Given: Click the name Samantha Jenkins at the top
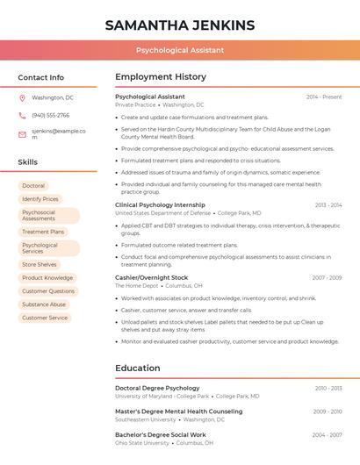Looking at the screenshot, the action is point(180,25).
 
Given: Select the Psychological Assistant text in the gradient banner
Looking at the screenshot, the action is point(180,51).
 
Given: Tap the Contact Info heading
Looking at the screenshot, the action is point(41,77).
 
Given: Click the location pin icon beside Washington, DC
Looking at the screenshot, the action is point(22,98).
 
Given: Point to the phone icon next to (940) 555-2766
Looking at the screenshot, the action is point(22,116).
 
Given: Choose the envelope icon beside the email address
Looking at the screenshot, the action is point(22,134).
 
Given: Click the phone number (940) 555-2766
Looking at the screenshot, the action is point(51,116).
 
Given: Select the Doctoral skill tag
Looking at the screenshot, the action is point(33,186).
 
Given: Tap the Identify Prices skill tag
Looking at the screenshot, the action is point(40,199).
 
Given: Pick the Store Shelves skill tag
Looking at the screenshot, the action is point(40,264).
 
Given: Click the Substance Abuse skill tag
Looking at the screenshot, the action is point(44,304).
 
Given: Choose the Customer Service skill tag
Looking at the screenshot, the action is point(45,318).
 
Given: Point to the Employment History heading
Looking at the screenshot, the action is point(161,77).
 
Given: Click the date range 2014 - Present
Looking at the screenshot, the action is point(324,97).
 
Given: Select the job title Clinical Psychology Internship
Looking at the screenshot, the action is point(160,204).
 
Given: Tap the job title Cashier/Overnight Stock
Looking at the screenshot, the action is point(150,277).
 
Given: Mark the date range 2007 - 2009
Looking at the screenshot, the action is point(327,277).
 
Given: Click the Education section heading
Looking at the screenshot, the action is point(138,368).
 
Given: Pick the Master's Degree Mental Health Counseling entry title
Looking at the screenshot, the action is point(179,411).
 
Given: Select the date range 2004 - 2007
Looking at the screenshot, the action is point(327,434).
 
